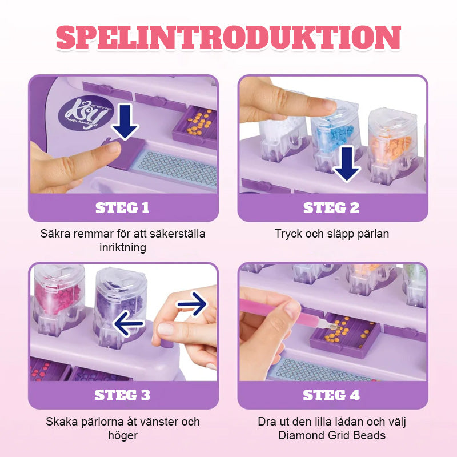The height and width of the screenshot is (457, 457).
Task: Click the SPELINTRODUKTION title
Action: point(228,37)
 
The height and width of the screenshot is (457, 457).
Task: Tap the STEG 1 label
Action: point(122,208)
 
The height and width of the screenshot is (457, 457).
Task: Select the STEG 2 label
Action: point(331,208)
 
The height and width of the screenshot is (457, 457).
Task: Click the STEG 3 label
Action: point(122,395)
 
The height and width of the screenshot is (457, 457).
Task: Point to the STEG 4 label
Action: point(331,395)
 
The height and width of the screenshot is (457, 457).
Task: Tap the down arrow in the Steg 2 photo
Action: point(347,164)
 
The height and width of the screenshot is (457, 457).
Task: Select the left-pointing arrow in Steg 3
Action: point(128,323)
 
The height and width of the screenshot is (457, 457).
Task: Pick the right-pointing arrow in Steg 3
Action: point(192,304)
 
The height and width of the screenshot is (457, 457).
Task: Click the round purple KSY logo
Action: point(86,113)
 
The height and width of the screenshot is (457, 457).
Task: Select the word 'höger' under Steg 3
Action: point(123,436)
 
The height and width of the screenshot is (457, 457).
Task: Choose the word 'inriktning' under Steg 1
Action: point(123,247)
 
